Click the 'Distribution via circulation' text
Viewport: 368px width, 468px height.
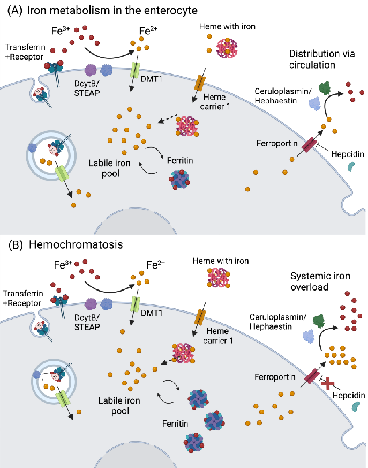pyautogui.click(x=320, y=60)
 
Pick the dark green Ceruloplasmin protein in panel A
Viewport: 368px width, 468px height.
pyautogui.click(x=324, y=88)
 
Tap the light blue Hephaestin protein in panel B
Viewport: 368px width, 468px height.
pyautogui.click(x=309, y=336)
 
